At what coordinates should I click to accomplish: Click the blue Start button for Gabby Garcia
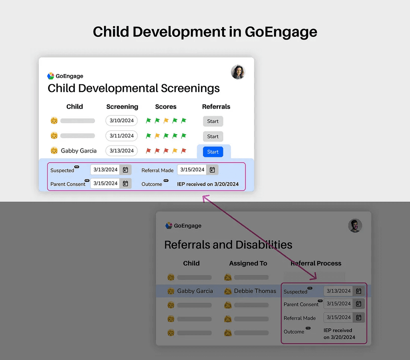[213, 152]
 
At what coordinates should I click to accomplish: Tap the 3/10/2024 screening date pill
[122, 121]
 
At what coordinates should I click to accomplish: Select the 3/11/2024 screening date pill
[122, 136]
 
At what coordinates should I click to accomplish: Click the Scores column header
[166, 107]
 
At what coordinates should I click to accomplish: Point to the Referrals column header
[216, 107]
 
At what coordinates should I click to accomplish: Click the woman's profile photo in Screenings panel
[238, 72]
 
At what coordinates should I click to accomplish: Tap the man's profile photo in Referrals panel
[355, 225]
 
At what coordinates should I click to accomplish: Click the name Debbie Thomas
[255, 291]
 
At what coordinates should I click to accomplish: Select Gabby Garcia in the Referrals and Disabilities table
[195, 291]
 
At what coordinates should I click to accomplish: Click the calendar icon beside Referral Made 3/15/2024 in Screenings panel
[212, 170]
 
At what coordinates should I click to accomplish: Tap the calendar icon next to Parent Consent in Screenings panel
[125, 183]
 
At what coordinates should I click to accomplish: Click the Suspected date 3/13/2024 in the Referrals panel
[338, 291]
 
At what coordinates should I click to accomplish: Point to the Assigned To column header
[248, 263]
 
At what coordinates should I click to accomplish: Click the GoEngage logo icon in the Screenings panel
[51, 76]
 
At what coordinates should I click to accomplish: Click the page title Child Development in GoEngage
[205, 32]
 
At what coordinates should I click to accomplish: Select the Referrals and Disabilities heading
[228, 245]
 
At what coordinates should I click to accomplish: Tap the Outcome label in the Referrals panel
[294, 332]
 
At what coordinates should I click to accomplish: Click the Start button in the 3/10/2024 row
[213, 121]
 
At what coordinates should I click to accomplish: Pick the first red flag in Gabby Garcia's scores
[149, 151]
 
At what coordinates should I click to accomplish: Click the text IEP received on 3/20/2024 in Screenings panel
[208, 184]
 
